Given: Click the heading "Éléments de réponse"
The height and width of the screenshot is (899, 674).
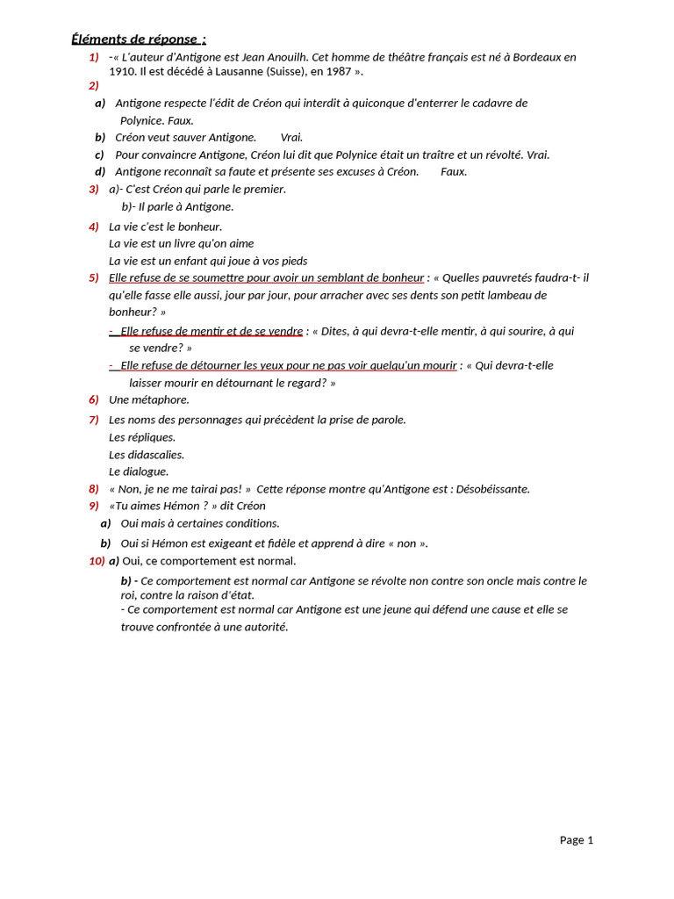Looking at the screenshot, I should point(138,39).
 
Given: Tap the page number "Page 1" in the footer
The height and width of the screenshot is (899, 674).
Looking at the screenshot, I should point(577,840).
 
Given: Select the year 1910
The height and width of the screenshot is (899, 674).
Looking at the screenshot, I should point(122,71).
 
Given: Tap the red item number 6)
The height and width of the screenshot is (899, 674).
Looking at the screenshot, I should point(93,399).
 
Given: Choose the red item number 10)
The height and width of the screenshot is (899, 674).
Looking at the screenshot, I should point(97,561).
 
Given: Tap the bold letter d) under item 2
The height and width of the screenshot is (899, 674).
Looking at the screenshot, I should point(100,172).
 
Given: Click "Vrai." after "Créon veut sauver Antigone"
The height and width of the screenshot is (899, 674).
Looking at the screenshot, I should point(292,138).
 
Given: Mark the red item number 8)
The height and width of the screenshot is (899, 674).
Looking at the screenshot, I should point(93,489).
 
